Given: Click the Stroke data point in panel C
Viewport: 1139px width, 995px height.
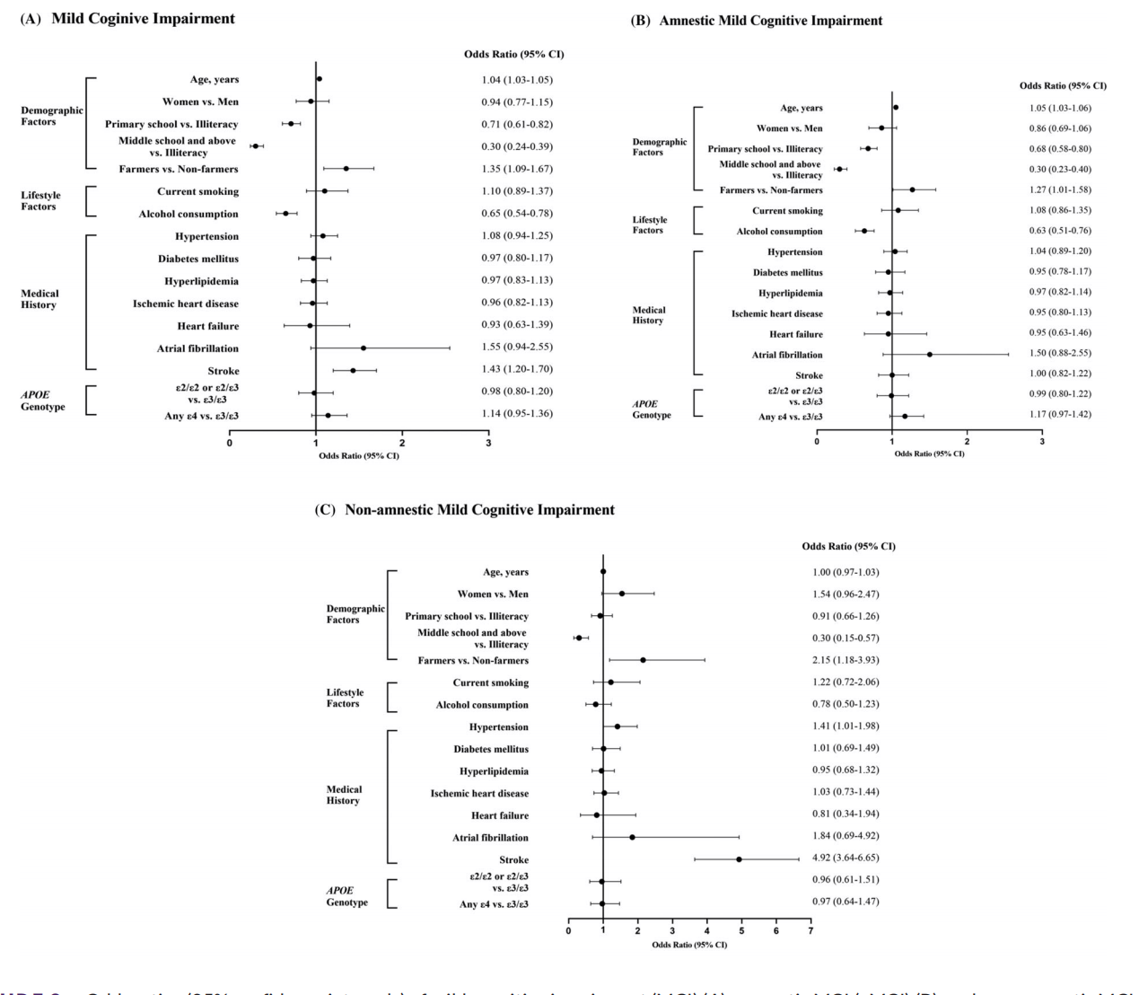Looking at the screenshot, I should coord(739,859).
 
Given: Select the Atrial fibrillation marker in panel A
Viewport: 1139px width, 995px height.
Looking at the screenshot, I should coord(363,348).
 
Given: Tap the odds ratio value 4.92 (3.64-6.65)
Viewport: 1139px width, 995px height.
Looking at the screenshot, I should coord(845,858).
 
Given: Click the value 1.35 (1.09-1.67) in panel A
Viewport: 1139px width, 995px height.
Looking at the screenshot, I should coord(517,168).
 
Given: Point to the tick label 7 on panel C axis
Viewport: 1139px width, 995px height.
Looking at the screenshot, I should coord(810,931).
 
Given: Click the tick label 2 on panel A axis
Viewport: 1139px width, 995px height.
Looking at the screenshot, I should coord(402,443).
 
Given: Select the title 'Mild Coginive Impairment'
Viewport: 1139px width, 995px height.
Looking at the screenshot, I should coord(144,18).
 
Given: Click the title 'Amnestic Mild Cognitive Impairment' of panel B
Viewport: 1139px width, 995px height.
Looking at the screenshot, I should coord(771,21).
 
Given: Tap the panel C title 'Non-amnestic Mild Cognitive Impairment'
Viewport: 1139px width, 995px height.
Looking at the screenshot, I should coord(479,510).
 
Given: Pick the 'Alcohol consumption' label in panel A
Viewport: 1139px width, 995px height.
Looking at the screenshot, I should coord(188,214).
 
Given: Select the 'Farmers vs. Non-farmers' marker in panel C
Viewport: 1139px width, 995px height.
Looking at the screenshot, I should coord(643,660).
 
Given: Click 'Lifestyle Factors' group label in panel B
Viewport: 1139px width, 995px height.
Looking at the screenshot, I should coord(650,225).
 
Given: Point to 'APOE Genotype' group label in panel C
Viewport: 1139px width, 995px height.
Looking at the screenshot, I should coord(346,896).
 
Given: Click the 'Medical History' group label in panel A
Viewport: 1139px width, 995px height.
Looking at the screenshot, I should coord(39,299).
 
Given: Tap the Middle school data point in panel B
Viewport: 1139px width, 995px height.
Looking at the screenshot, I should coord(839,169).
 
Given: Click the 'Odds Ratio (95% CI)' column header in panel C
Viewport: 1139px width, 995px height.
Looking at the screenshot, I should coord(848,546).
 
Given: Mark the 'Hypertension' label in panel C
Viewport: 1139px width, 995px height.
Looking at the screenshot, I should coord(498,726).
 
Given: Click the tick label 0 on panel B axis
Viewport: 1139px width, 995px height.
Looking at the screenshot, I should coord(817,442).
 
